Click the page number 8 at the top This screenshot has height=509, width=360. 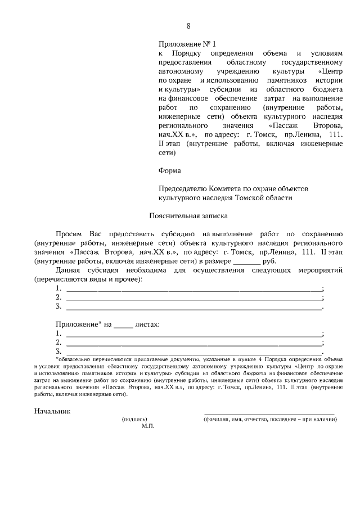tap(188, 26)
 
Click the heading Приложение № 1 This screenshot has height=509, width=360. tap(186, 43)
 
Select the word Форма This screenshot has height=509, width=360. tap(169, 169)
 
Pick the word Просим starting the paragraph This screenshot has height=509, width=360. tap(68, 233)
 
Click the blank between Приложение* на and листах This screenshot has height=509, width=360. tap(123, 325)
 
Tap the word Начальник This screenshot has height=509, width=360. tap(53, 411)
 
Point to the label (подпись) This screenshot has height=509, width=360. tap(134, 419)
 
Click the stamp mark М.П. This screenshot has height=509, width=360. tap(148, 426)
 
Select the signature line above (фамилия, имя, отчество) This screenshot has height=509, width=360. tap(269, 413)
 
